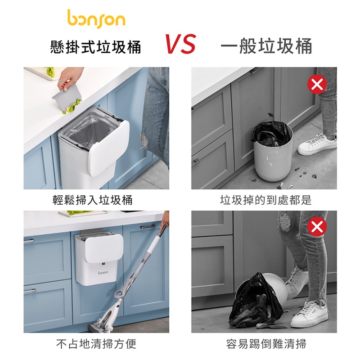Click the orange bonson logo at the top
pos(96,18)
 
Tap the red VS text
pos(180,45)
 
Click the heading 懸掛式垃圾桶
pos(96,46)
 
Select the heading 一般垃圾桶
pos(266,46)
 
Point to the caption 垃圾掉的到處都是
pos(265,200)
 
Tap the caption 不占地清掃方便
pos(96,344)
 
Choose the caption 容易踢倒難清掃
pos(266,344)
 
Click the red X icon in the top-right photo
pos(317,84)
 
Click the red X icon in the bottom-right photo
pos(317,227)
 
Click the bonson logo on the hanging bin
pos(104,273)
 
